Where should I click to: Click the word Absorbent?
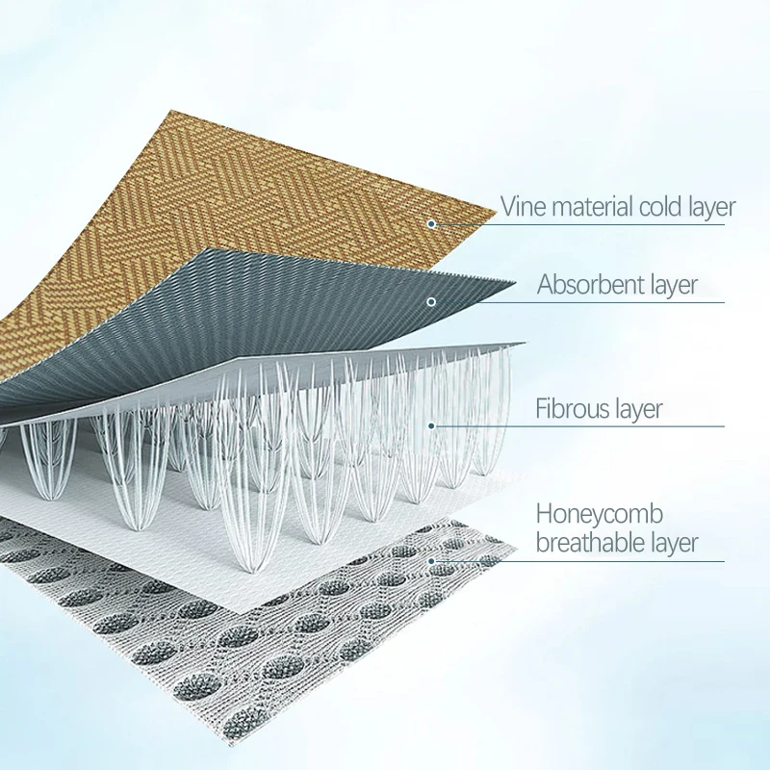click(x=586, y=284)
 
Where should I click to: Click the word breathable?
click(x=591, y=542)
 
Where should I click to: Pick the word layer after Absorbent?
click(x=669, y=285)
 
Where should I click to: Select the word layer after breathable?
click(x=675, y=544)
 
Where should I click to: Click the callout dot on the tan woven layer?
click(x=431, y=224)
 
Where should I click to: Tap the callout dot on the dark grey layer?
click(x=431, y=301)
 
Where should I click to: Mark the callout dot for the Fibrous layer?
click(x=431, y=425)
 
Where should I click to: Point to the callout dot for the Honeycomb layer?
click(x=431, y=561)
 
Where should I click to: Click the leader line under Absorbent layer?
click(x=578, y=302)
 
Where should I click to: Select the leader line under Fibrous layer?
click(x=578, y=426)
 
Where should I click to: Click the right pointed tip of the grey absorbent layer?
click(x=515, y=282)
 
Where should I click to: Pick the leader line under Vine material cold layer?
click(x=578, y=224)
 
